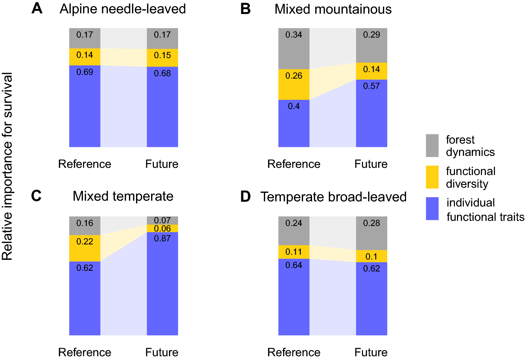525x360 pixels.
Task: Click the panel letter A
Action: [x=37, y=8]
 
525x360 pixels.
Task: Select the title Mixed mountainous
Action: [x=333, y=9]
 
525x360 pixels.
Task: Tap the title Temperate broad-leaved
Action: [x=333, y=197]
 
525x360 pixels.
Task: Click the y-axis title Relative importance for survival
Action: [x=7, y=166]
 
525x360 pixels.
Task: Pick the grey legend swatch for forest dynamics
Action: [x=432, y=146]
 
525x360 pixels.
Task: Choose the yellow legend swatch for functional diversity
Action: [x=432, y=177]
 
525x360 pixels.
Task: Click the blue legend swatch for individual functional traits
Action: [x=432, y=209]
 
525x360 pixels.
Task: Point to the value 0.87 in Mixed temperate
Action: [x=162, y=238]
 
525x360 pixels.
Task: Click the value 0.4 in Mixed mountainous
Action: [x=294, y=106]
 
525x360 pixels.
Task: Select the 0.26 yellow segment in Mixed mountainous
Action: [x=294, y=84]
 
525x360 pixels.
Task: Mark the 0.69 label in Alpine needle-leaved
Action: [x=85, y=72]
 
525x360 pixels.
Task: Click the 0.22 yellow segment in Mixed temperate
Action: [x=85, y=248]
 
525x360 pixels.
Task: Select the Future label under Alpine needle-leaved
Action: [x=162, y=164]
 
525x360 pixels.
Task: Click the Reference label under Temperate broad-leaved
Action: [x=294, y=352]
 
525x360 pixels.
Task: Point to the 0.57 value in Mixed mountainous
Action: [x=372, y=86]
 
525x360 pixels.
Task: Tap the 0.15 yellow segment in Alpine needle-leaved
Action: [x=162, y=58]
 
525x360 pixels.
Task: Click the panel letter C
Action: [x=36, y=196]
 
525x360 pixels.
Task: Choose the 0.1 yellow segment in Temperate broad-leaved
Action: [x=372, y=256]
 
